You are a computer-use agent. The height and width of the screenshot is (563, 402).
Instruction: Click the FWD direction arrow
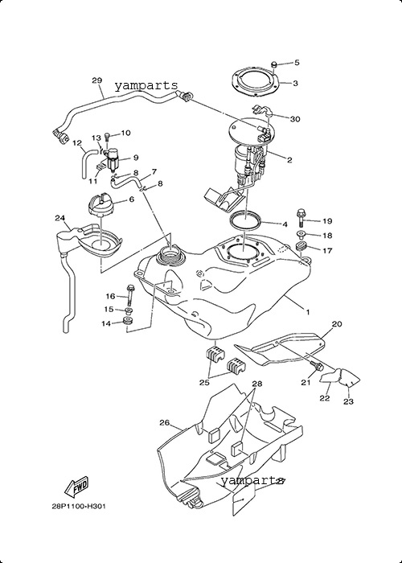pyautogui.click(x=76, y=487)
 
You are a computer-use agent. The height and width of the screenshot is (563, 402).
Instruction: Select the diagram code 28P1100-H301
pyautogui.click(x=79, y=507)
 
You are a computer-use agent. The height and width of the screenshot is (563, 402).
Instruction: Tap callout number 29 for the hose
pyautogui.click(x=97, y=80)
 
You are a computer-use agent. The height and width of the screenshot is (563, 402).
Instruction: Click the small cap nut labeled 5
pyautogui.click(x=275, y=64)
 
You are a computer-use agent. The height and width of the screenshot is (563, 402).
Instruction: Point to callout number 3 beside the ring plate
pyautogui.click(x=295, y=84)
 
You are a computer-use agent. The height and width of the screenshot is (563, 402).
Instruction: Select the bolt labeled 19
pyautogui.click(x=301, y=217)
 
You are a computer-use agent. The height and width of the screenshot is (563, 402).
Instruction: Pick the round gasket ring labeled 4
pyautogui.click(x=245, y=220)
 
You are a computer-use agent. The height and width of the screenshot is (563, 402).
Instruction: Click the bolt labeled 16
pyautogui.click(x=130, y=295)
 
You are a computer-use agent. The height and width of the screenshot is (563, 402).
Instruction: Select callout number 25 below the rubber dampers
pyautogui.click(x=204, y=383)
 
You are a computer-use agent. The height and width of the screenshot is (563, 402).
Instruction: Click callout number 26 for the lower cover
pyautogui.click(x=164, y=422)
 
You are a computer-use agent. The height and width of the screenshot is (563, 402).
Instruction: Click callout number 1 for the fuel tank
pyautogui.click(x=308, y=312)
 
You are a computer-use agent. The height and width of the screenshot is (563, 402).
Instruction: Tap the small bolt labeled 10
pyautogui.click(x=107, y=137)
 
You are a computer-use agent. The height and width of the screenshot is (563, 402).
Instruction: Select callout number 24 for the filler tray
pyautogui.click(x=60, y=218)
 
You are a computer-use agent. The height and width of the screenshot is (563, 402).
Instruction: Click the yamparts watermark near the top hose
pyautogui.click(x=146, y=86)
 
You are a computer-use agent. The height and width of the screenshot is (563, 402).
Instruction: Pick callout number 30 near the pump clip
pyautogui.click(x=295, y=119)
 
